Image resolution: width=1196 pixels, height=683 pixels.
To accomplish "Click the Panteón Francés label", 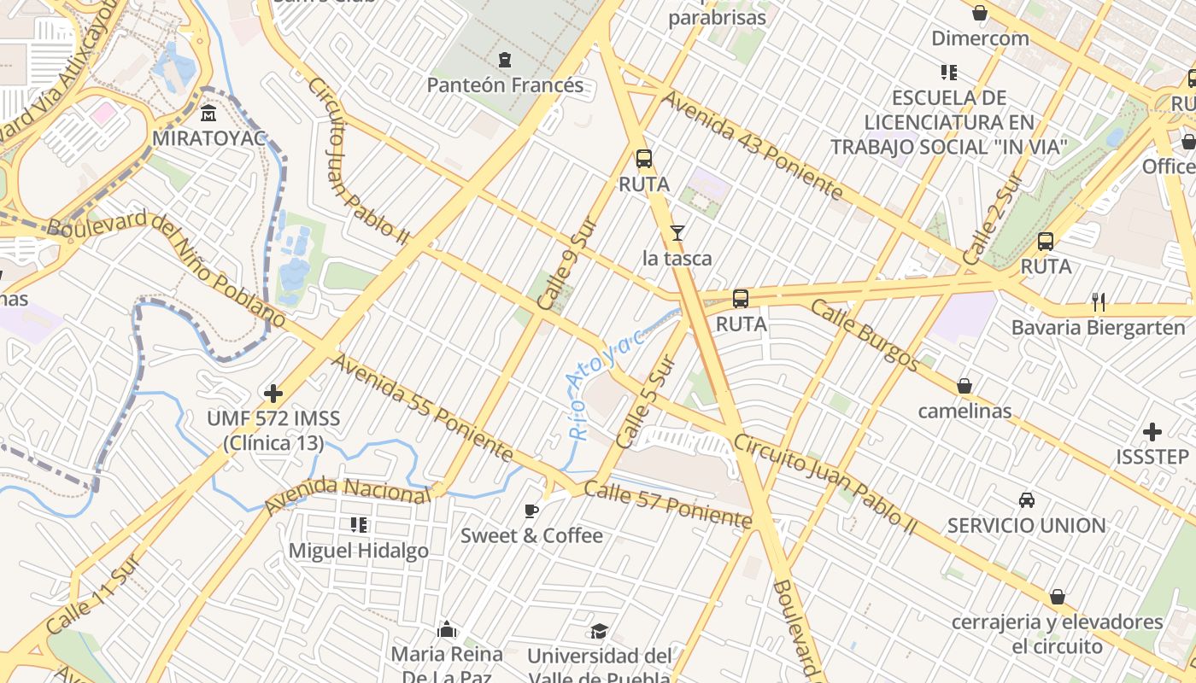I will point(505,85).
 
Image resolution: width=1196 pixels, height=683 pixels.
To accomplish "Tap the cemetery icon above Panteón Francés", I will point(505,60).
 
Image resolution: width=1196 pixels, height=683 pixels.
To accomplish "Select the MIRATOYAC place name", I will point(209,137).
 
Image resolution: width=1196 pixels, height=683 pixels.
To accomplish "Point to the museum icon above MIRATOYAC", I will point(208,113).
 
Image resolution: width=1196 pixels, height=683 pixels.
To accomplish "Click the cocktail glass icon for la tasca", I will point(677,232).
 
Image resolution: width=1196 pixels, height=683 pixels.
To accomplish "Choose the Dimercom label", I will point(980,38).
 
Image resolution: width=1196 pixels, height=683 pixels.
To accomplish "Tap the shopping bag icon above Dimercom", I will point(980,13).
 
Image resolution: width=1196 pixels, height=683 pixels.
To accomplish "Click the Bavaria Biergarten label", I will point(1099,328).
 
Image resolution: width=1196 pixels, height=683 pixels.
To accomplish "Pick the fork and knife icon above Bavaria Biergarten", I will point(1099,301).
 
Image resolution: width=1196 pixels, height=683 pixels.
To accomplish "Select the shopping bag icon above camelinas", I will point(964,386).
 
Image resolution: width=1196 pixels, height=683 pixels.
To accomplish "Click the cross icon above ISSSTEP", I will point(1152,432).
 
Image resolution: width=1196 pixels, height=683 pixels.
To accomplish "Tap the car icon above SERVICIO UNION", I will point(1027,499).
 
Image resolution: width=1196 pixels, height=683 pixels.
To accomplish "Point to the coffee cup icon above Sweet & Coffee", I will point(531,511).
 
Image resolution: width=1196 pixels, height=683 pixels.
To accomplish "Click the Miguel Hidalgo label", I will point(359,551).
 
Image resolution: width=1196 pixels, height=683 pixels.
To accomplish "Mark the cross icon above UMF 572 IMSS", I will point(273,394).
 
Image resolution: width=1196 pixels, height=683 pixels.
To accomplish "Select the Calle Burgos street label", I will point(865,336).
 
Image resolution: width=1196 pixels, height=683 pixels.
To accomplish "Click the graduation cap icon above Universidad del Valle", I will point(600,632).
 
